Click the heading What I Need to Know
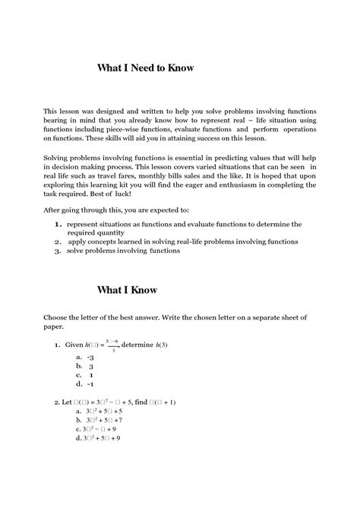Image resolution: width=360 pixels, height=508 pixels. pos(146,68)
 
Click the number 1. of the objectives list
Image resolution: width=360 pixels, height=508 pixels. pos(58,226)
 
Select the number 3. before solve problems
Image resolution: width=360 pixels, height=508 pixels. pos(58,251)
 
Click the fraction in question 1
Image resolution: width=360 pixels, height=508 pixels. pos(114,345)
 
